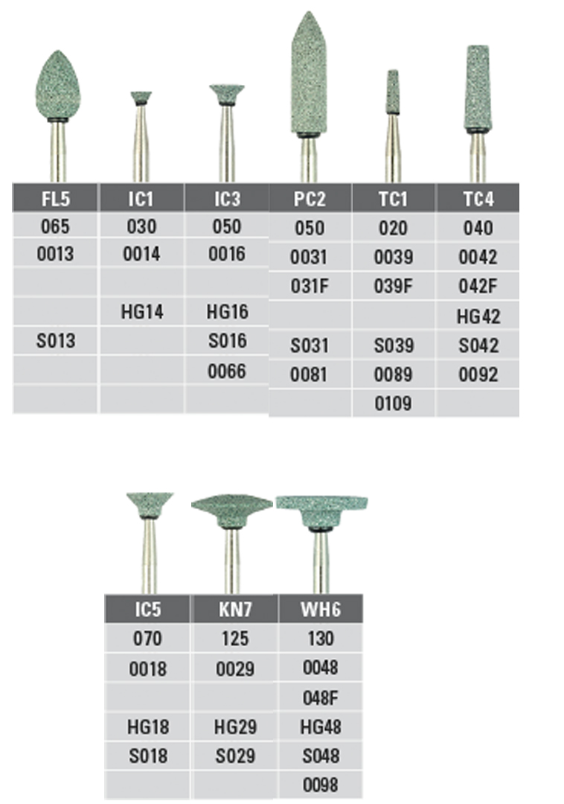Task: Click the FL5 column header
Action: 55,199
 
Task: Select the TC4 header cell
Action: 478,199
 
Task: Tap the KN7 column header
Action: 235,610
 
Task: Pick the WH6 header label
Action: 321,610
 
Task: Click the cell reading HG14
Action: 142,312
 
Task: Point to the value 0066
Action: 227,371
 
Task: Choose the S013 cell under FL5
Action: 55,341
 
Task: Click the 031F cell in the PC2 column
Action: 310,286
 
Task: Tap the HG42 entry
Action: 478,316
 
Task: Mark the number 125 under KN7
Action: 235,639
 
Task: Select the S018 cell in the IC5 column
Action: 148,756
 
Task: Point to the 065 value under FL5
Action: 55,226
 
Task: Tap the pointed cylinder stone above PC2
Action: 308,73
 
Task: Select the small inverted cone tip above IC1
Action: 141,98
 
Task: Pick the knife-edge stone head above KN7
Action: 232,509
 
